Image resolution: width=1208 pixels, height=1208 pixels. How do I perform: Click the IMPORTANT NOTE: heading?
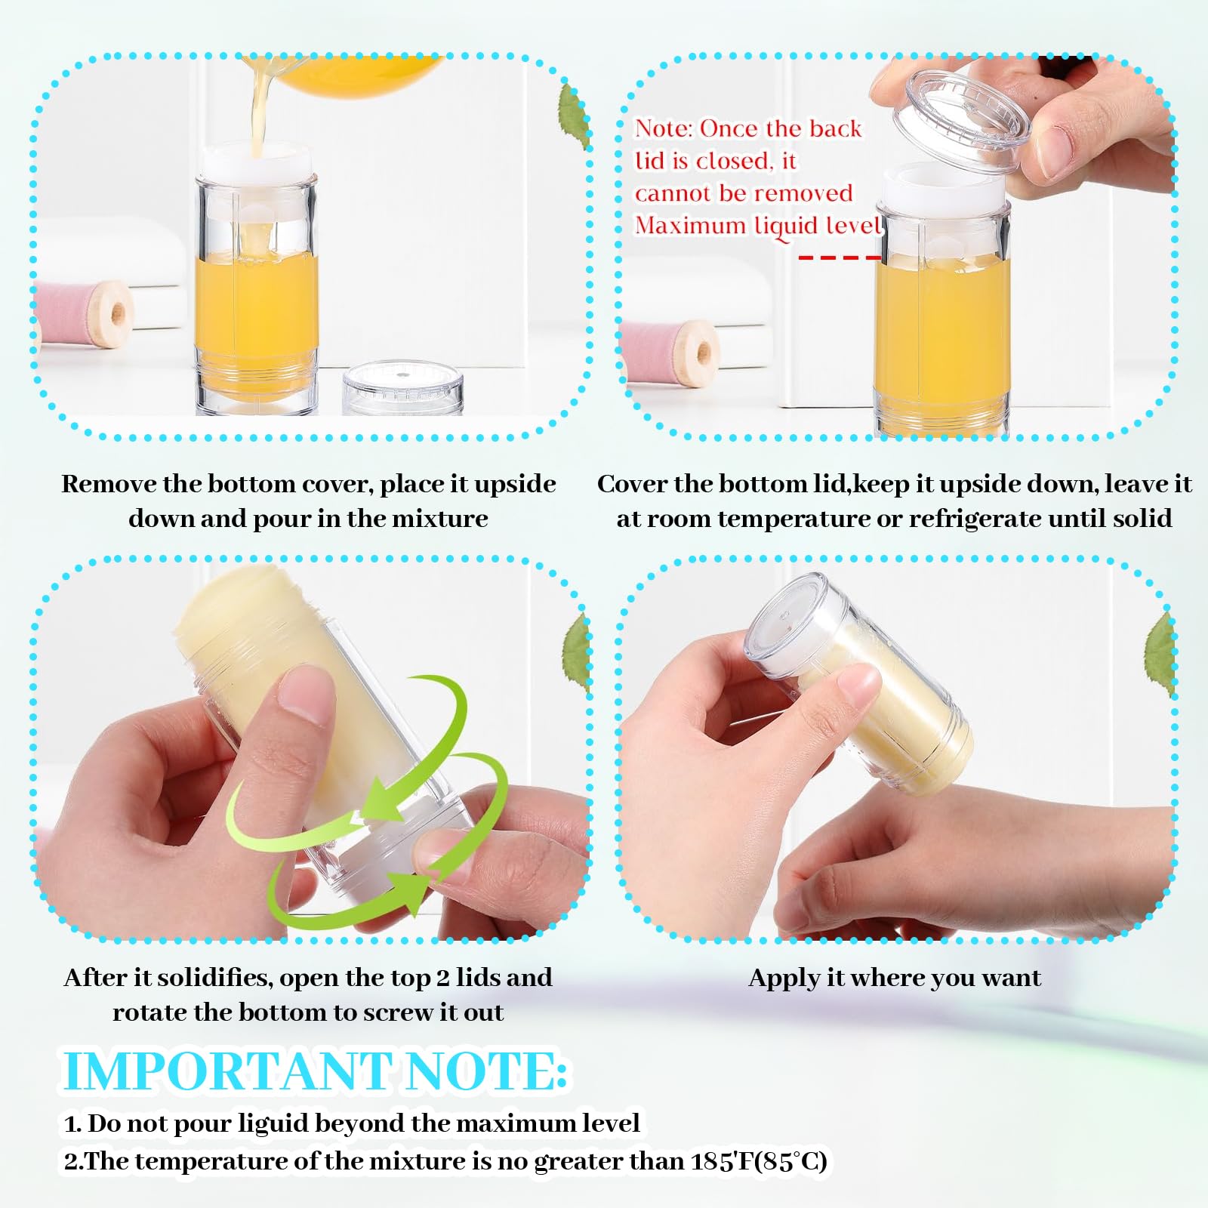click(314, 1071)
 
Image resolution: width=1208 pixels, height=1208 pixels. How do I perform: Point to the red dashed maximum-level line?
click(840, 257)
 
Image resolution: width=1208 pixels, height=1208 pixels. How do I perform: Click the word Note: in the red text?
click(664, 128)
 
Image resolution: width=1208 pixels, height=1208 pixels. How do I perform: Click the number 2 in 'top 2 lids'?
click(443, 978)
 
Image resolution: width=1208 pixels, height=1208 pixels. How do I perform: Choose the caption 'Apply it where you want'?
click(895, 978)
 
